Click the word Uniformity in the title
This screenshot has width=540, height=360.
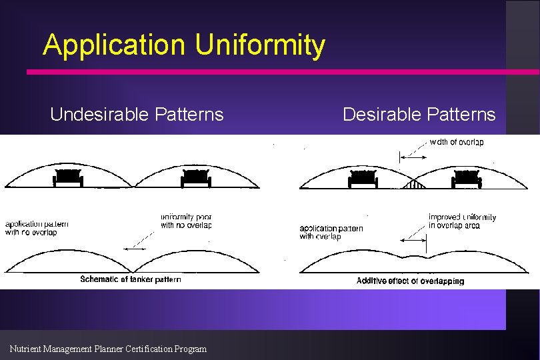point(260,45)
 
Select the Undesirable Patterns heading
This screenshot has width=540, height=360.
point(137,114)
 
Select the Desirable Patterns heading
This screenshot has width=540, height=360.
point(419,114)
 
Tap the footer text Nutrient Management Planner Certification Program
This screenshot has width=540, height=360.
point(108,349)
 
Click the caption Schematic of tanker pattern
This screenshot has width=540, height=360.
point(131,279)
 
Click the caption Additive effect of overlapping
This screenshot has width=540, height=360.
point(410,281)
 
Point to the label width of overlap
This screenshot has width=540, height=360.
point(457,142)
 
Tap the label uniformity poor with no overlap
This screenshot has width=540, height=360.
point(186,221)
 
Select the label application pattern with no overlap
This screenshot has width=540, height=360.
point(37,228)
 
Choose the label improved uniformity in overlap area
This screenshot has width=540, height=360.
point(462,221)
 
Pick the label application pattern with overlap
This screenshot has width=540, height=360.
point(331,232)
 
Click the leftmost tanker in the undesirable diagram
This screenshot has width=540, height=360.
point(67,178)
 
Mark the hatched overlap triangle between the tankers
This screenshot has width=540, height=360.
point(414,183)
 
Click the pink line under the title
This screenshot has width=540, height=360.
point(280,71)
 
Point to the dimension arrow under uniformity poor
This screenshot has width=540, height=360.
point(137,249)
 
